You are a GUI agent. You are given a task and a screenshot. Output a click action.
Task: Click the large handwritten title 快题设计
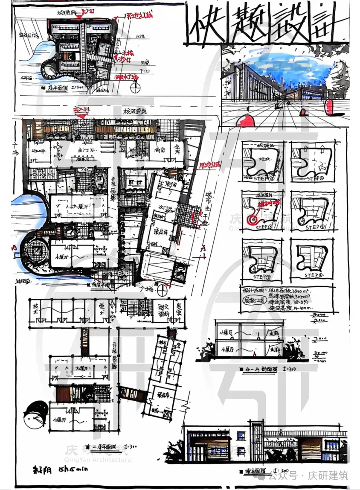point(267,23)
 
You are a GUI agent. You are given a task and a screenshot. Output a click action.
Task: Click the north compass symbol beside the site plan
point(136,89)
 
